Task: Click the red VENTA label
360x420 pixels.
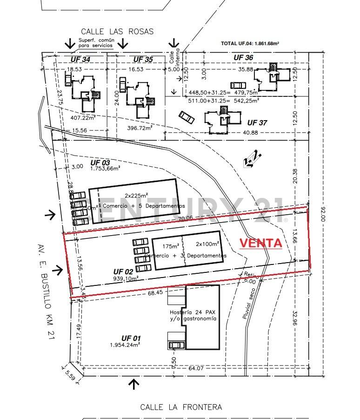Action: click(x=260, y=243)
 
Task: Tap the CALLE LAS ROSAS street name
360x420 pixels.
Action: click(x=117, y=32)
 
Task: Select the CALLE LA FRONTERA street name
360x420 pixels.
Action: click(x=181, y=407)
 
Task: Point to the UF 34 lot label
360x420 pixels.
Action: click(x=80, y=60)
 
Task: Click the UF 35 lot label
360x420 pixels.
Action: click(x=143, y=60)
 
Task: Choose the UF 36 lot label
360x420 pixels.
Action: click(x=243, y=57)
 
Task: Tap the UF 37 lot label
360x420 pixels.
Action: click(x=257, y=123)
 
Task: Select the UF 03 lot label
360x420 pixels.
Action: click(x=100, y=163)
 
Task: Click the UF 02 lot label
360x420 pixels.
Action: click(x=123, y=271)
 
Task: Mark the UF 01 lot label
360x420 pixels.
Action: click(x=131, y=338)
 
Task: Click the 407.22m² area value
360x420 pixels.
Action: click(x=83, y=118)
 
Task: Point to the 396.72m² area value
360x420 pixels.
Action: click(x=140, y=128)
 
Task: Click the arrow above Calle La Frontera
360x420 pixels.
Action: click(x=134, y=385)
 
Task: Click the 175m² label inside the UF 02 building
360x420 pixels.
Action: click(x=171, y=246)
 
